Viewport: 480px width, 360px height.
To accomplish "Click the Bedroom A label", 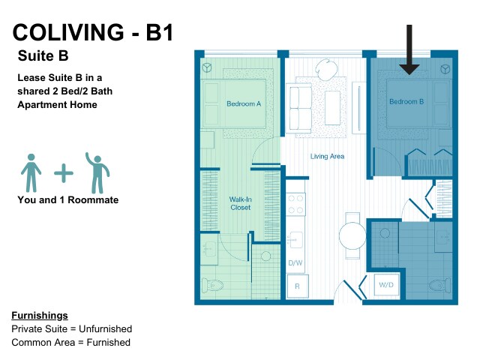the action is coord(244,103).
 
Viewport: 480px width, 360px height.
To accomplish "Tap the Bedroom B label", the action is coord(406,101).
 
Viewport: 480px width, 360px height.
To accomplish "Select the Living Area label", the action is coord(327,157).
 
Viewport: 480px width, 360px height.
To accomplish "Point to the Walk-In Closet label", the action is coord(240,203).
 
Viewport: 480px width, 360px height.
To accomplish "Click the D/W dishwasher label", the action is coord(295,262).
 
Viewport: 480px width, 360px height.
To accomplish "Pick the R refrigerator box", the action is coord(298,286).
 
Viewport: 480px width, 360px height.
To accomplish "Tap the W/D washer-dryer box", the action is coord(386,285).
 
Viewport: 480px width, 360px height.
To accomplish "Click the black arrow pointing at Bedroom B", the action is coord(409,50).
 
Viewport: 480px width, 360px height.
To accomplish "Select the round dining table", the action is coord(352,235).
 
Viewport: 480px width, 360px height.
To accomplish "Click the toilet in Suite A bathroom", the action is coord(212,285).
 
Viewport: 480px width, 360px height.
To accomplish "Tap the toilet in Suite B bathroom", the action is coord(439,285).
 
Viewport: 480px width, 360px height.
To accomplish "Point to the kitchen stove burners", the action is coord(295,204).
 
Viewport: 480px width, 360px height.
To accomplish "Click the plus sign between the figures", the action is coord(64,173).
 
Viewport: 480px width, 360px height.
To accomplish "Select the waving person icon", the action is coord(97,173).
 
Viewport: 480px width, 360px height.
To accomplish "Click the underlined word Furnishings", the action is coord(40,316).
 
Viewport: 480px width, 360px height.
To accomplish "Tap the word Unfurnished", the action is coord(105,328).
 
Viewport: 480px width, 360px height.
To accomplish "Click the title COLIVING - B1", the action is coord(93,32).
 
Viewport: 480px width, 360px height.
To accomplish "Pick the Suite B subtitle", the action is coord(43,55).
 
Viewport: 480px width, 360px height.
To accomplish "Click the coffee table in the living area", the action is coord(332,108).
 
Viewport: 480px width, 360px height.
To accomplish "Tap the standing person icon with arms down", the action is coord(31,173).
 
